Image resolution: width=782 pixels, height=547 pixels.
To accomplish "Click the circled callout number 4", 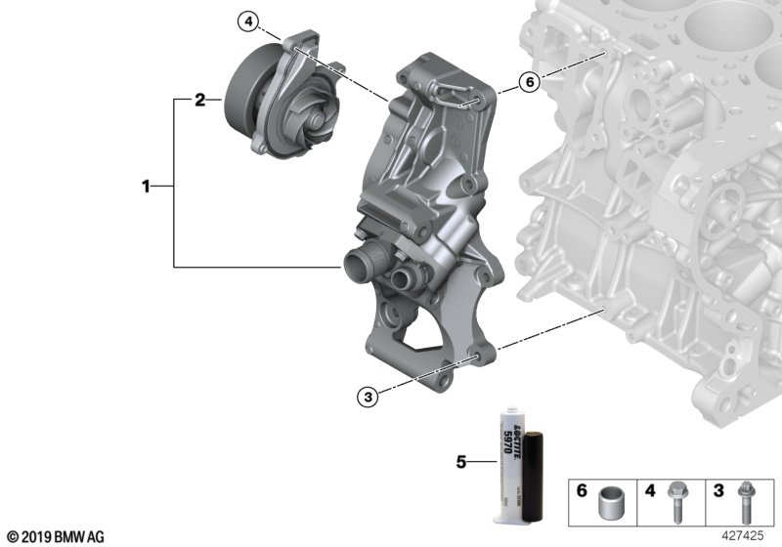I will pos(248,20).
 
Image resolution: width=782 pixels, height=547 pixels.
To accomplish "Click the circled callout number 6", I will pos(528,83).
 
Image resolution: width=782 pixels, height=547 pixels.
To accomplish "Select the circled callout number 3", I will pos(368,396).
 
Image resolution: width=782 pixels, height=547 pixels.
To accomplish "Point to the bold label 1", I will pos(146,185).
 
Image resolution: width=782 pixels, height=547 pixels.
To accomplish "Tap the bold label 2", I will pos(198,99).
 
